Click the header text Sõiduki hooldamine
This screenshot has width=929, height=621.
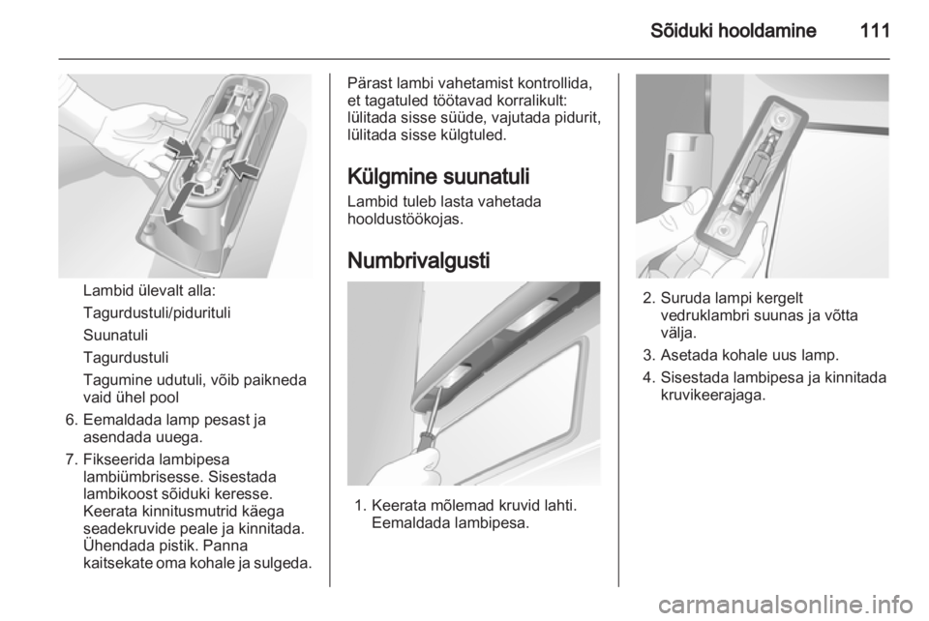tap(733, 30)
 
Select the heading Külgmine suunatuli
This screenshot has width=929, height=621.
tap(438, 176)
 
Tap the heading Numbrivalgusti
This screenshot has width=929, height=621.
tap(418, 260)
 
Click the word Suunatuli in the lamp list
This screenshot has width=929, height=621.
tap(115, 335)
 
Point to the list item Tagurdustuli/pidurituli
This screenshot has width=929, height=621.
tap(157, 313)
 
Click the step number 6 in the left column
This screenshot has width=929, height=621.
tap(71, 421)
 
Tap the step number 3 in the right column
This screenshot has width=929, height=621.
tap(647, 356)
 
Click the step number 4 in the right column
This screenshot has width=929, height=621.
tap(647, 377)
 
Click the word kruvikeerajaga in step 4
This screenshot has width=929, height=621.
tap(713, 396)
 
